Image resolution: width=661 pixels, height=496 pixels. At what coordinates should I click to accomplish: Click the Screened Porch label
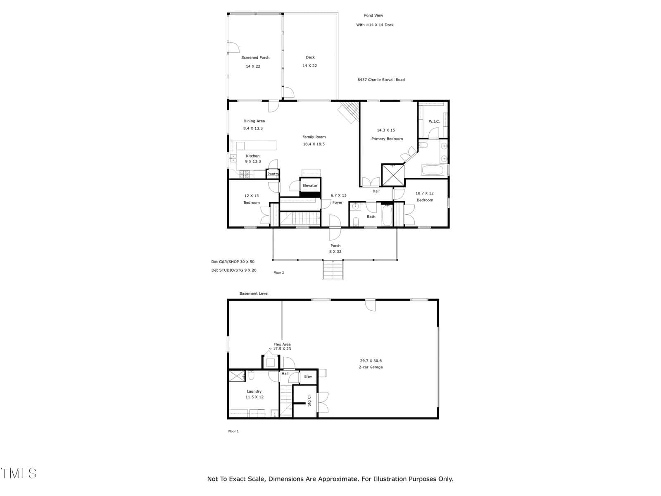255,57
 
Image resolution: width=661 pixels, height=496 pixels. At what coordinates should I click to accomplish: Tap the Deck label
310,57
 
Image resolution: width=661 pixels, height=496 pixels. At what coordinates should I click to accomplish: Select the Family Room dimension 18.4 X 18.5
314,144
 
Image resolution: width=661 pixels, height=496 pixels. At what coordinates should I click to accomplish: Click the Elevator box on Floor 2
310,186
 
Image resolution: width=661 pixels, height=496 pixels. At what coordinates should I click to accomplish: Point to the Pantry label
273,174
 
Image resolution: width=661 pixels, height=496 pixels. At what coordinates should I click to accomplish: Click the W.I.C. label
434,122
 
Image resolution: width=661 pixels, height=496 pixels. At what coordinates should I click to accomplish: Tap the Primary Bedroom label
387,139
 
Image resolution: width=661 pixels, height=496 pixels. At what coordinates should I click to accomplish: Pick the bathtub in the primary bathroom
433,170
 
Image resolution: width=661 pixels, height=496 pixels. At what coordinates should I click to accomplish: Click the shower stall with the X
393,175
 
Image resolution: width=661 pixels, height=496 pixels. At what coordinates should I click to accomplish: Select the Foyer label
337,203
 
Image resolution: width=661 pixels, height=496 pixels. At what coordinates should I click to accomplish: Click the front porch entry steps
333,269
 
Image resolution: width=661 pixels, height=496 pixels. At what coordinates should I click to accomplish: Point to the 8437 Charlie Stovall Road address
381,80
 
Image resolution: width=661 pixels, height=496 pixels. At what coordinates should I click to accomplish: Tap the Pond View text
373,15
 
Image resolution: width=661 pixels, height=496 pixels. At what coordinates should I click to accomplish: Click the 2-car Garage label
371,367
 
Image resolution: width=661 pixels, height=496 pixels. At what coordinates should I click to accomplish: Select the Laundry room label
254,391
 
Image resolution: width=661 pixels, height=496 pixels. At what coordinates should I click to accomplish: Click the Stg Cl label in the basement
309,401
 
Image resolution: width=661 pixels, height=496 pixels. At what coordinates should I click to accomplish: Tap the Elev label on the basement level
308,377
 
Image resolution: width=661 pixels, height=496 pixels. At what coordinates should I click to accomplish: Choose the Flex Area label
282,345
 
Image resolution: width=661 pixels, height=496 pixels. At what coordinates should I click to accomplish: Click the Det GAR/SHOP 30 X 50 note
233,262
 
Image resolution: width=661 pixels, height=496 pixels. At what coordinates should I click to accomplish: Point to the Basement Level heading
254,293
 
